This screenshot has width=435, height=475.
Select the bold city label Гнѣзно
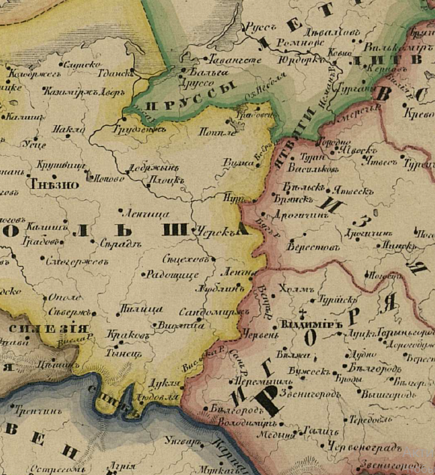(48, 182)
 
